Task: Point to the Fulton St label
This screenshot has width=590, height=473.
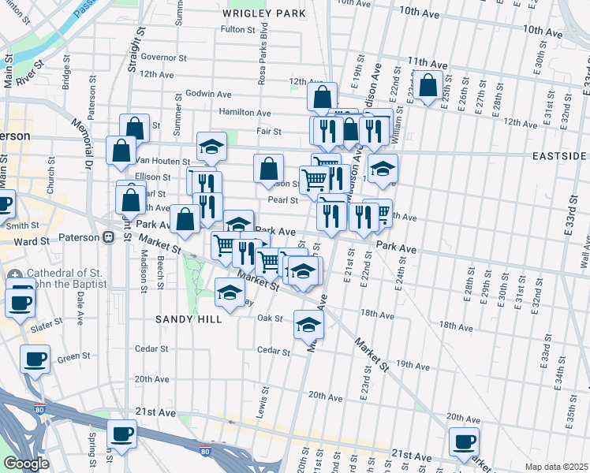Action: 237,30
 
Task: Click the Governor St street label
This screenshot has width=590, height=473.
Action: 163,58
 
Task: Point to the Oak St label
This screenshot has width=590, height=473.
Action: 270,318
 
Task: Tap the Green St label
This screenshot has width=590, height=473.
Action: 73,357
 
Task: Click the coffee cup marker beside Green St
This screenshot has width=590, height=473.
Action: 35,359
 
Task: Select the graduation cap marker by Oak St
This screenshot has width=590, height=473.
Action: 308,322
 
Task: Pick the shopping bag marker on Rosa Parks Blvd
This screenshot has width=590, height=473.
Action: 268,167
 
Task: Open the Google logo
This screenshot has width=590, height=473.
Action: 27,464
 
